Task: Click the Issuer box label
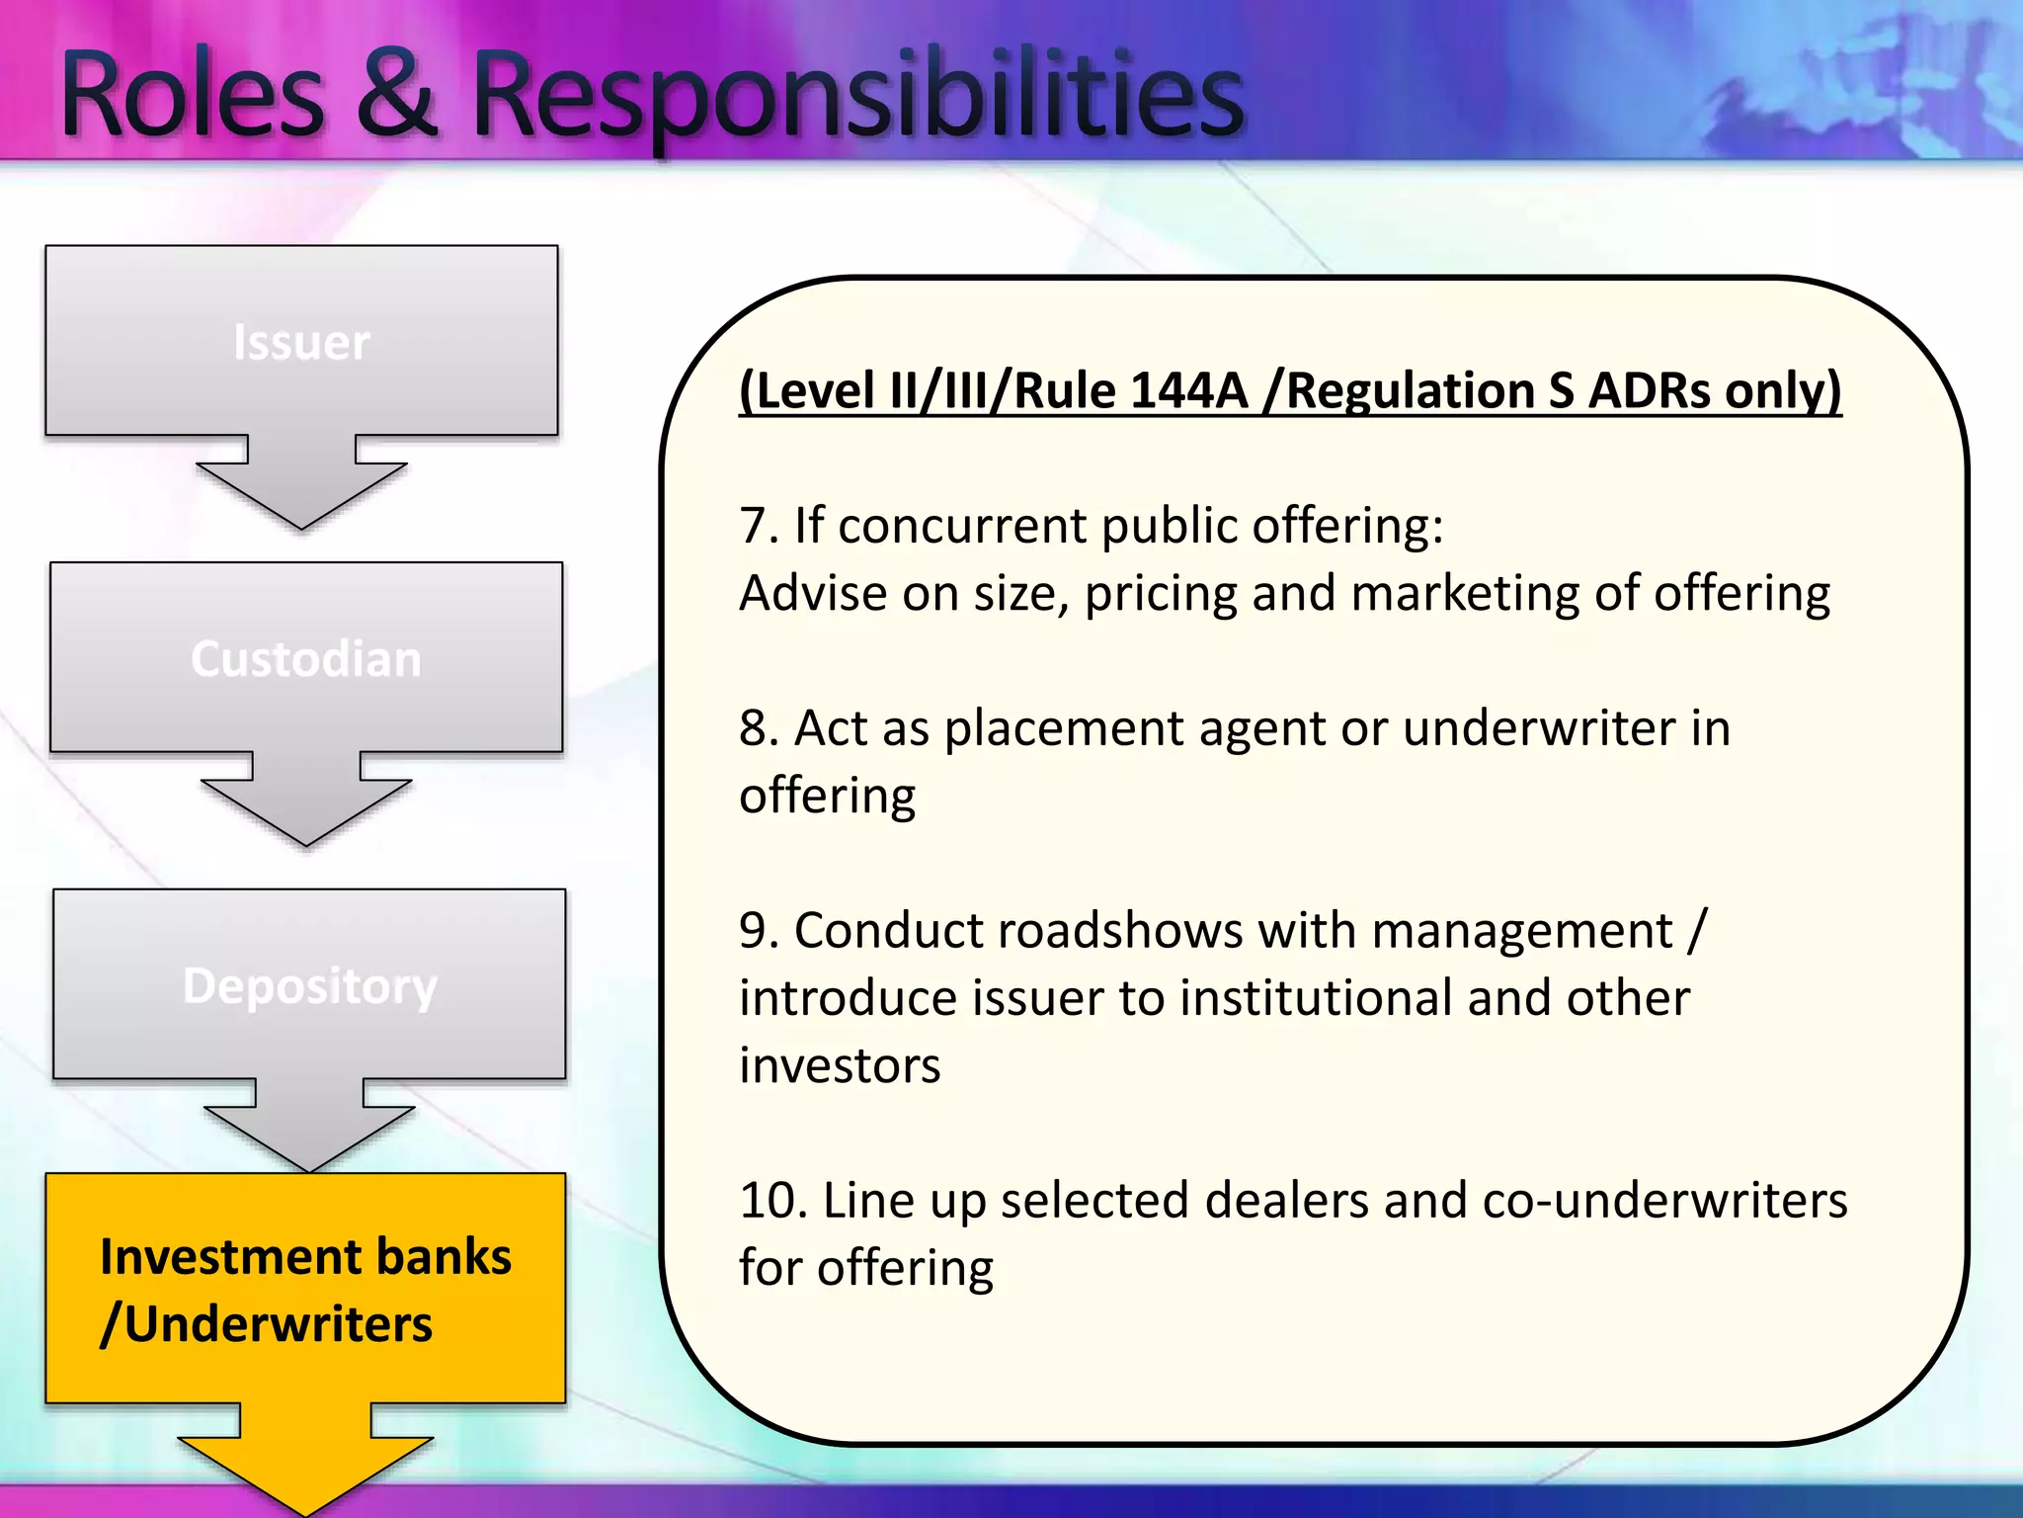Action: coord(301,343)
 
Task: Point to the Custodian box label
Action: coord(306,659)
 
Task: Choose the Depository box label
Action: coord(309,986)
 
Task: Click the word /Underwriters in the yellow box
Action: coord(267,1324)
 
